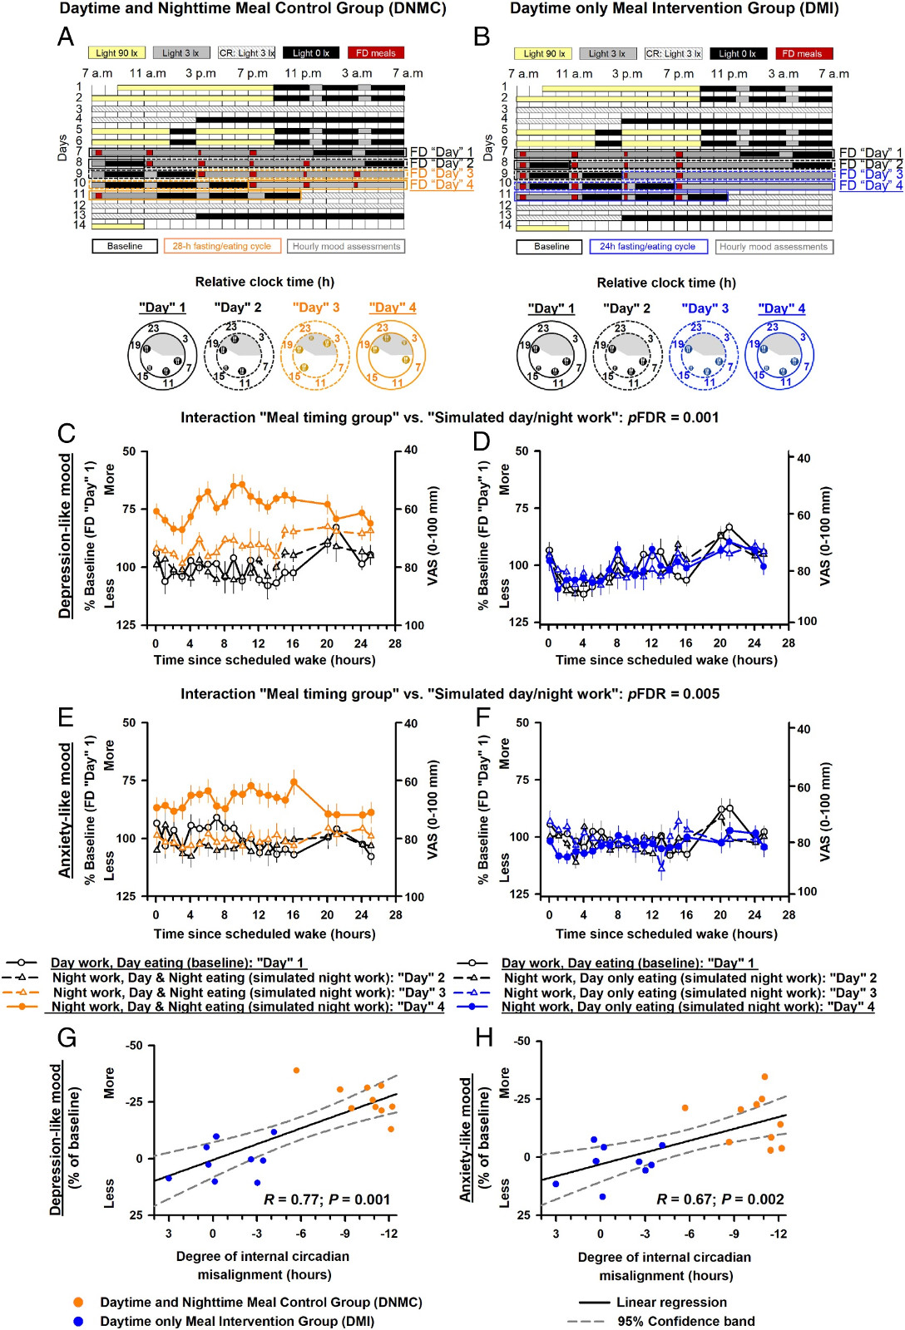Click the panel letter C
click(x=67, y=434)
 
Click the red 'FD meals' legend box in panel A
click(x=376, y=53)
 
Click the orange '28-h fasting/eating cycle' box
click(x=221, y=246)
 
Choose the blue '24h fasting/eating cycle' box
click(x=648, y=247)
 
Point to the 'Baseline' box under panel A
click(x=125, y=246)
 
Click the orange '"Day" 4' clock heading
click(x=393, y=308)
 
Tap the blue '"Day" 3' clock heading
click(x=705, y=308)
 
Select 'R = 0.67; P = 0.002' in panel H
click(x=720, y=1199)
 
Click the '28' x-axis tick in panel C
click(x=395, y=643)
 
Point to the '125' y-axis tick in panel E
click(x=126, y=896)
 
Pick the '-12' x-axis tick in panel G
click(x=388, y=1234)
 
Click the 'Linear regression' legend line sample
click(x=594, y=1303)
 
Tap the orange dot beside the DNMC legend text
click(x=78, y=1303)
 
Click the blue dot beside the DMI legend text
click(x=78, y=1321)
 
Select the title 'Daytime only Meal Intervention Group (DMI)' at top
click(x=674, y=9)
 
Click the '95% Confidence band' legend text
click(x=685, y=1322)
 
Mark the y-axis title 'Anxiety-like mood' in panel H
click(x=467, y=1139)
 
